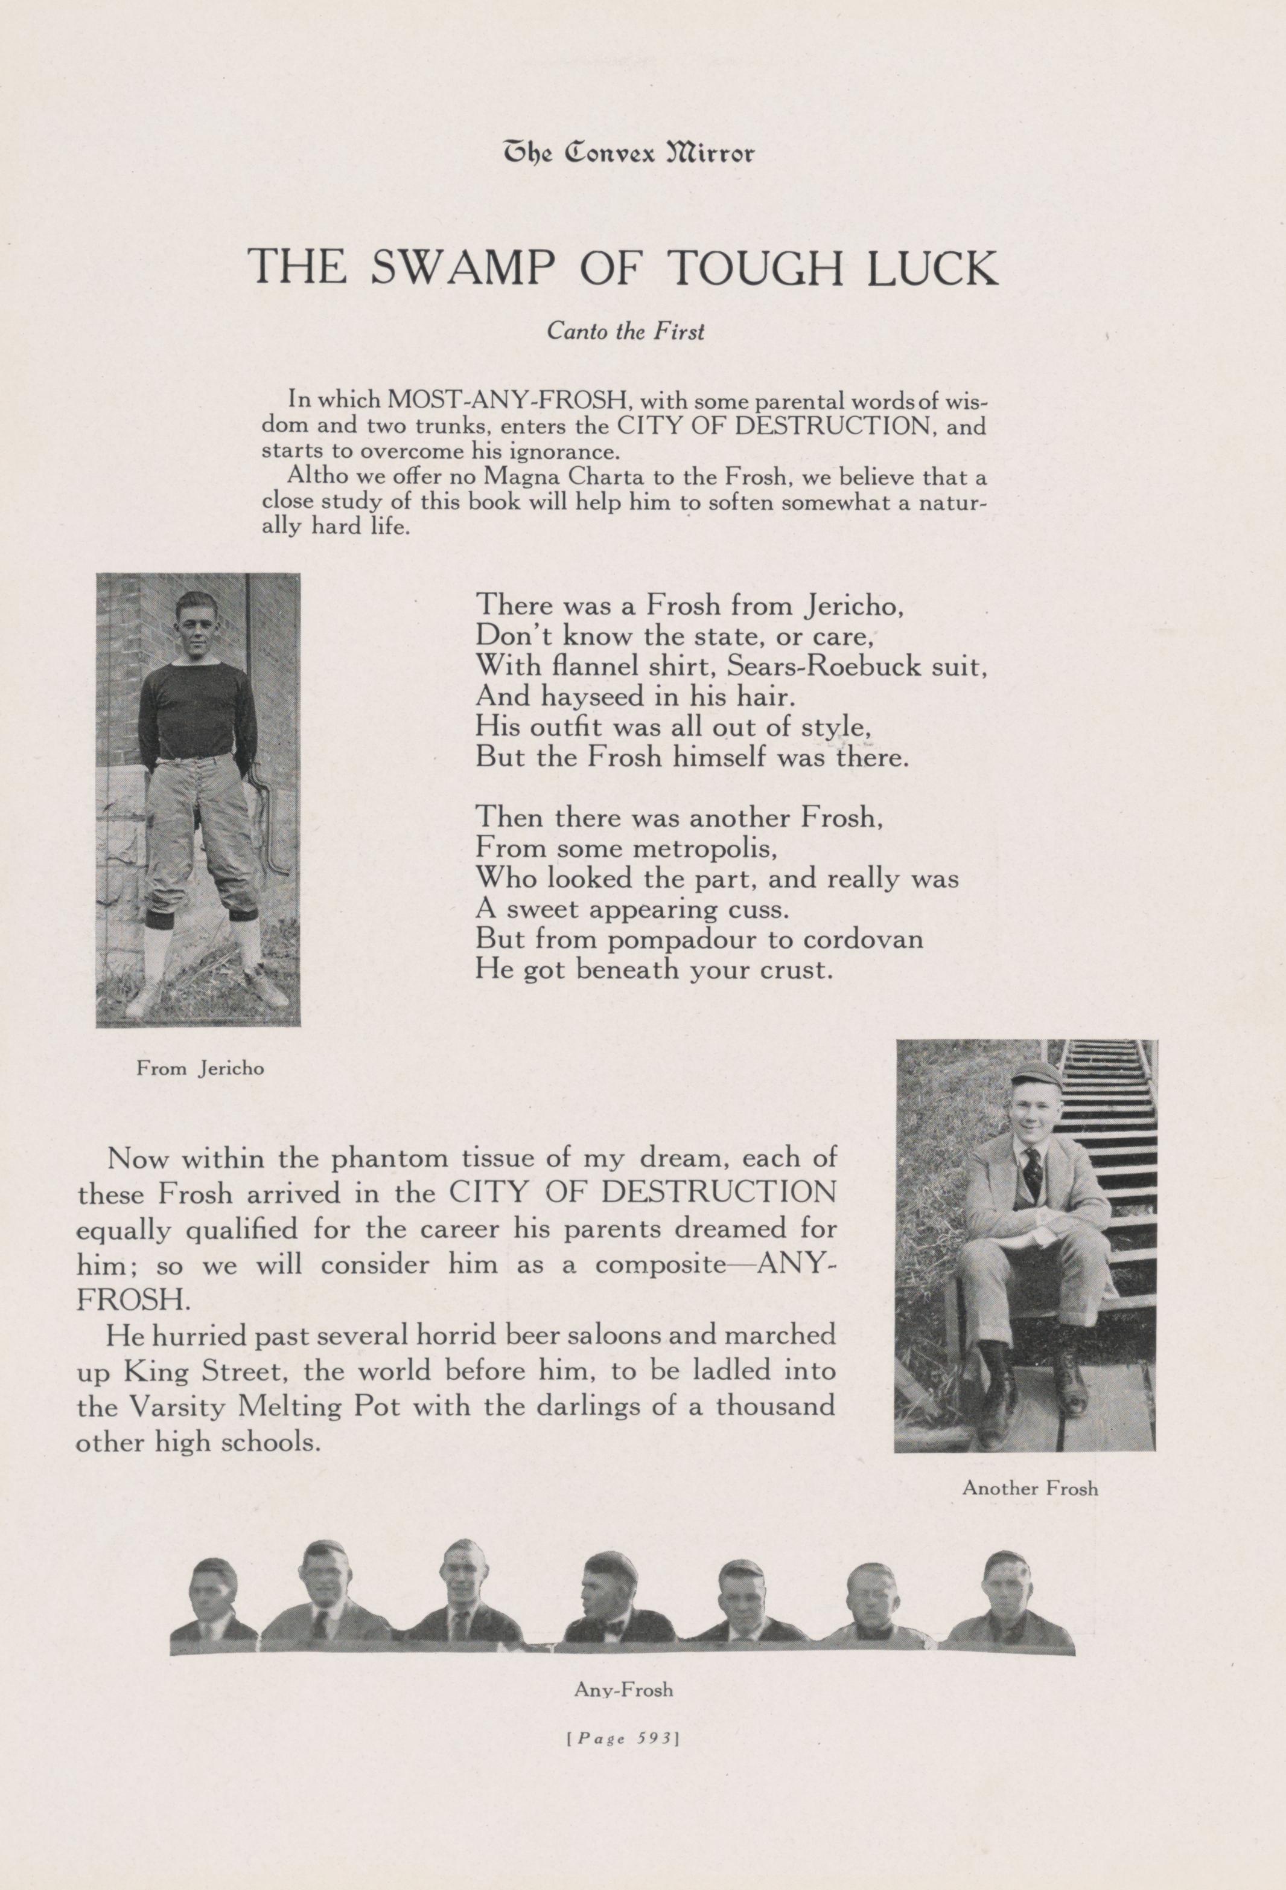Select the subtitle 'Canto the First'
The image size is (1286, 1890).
(x=625, y=332)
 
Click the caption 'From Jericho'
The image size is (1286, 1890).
(x=200, y=1069)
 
